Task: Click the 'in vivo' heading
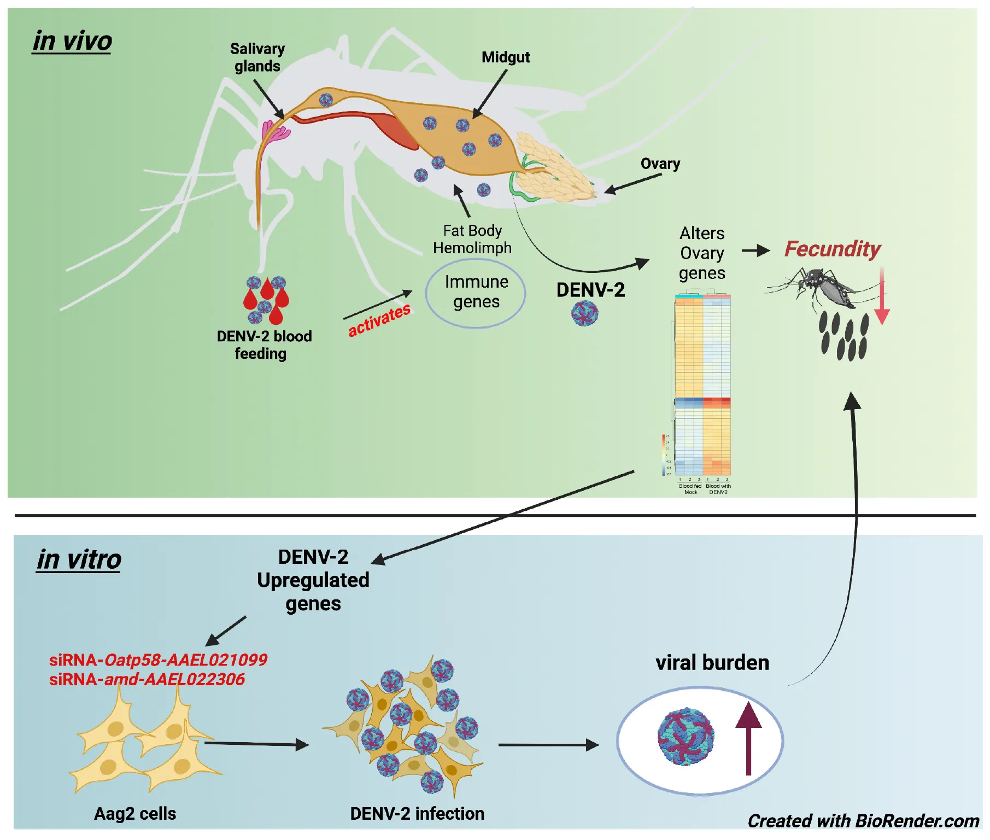click(72, 41)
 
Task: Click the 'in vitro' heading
click(79, 559)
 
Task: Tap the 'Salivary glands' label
click(257, 57)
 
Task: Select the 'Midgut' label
click(505, 57)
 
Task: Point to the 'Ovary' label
click(660, 164)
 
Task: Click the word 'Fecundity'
click(832, 249)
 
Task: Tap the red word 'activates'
click(379, 320)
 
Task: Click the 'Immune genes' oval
click(476, 292)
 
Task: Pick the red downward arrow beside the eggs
click(882, 298)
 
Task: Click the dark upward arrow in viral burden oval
click(748, 738)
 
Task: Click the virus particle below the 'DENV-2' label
click(584, 313)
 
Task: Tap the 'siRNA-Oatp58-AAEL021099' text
click(158, 660)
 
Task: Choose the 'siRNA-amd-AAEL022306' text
click(147, 679)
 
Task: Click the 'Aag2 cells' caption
click(135, 813)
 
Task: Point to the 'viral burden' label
click(712, 663)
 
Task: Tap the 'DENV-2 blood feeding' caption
click(263, 345)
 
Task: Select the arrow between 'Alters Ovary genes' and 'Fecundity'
click(755, 251)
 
